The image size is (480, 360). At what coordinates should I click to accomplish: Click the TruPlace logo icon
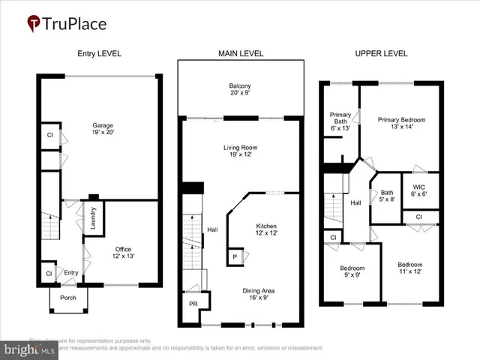pyautogui.click(x=34, y=24)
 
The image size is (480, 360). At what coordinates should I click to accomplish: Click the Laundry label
pyautogui.click(x=94, y=218)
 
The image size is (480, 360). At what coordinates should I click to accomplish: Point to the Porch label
pyautogui.click(x=68, y=297)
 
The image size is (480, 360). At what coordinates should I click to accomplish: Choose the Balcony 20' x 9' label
pyautogui.click(x=241, y=88)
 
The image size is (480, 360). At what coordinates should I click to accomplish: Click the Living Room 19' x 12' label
pyautogui.click(x=240, y=151)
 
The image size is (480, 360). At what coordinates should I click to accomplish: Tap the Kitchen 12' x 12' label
pyautogui.click(x=267, y=229)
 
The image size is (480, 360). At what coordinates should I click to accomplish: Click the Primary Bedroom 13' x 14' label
pyautogui.click(x=401, y=123)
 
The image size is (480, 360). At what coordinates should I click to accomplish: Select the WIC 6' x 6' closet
pyautogui.click(x=416, y=188)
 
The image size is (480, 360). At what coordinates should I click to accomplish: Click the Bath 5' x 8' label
pyautogui.click(x=387, y=196)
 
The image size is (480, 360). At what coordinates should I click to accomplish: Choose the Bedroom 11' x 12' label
pyautogui.click(x=410, y=268)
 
